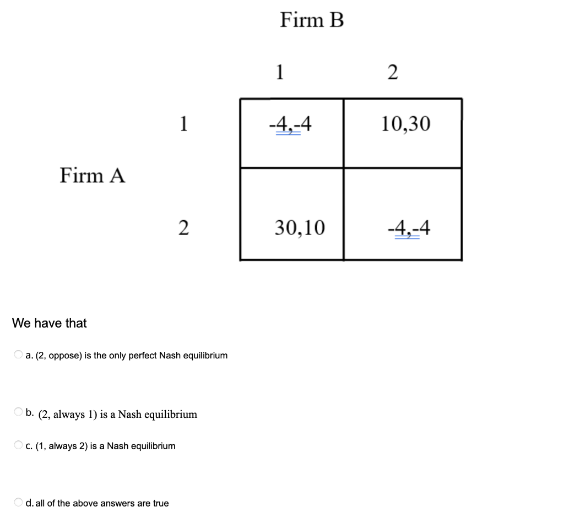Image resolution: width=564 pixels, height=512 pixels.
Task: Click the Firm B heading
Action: pos(312,20)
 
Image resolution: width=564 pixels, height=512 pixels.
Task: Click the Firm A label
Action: pos(93,176)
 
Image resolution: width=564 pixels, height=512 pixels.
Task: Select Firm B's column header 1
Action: pos(280,72)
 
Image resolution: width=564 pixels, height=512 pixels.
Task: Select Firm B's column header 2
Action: pos(392,72)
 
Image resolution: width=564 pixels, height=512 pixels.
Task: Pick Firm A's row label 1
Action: pos(184,124)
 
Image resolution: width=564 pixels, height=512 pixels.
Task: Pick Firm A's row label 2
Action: pos(184,227)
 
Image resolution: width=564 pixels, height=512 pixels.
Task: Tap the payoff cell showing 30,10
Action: pos(300,227)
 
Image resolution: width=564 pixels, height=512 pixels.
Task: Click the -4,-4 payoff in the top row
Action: pos(290,124)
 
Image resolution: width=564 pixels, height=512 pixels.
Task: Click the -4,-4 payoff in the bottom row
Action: pos(409,227)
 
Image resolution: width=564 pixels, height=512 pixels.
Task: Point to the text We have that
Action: pos(50,323)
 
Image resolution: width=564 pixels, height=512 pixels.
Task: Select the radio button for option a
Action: pos(19,355)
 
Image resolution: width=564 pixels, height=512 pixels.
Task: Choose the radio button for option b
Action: pos(19,412)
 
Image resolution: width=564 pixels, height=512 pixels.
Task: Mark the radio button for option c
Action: pos(19,445)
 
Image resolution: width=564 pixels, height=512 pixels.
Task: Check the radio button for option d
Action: pos(19,503)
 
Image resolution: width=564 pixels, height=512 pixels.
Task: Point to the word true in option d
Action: pos(161,503)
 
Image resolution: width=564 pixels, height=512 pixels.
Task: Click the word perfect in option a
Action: pos(143,356)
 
